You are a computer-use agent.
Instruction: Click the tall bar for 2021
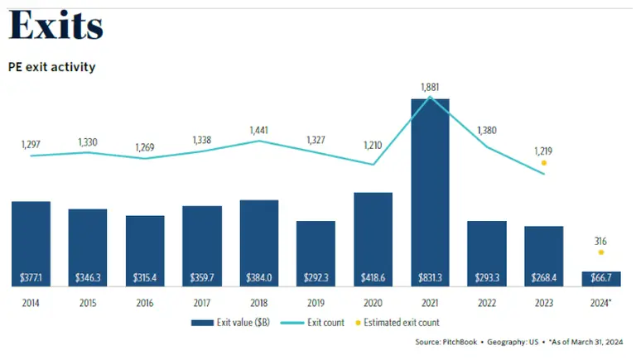click(x=430, y=190)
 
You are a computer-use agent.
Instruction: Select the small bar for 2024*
click(x=600, y=278)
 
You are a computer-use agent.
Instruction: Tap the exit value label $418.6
click(x=373, y=276)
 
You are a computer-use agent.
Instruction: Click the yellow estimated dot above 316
click(x=601, y=252)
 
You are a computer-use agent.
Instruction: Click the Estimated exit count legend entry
click(x=404, y=323)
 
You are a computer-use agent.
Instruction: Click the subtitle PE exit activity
click(x=51, y=66)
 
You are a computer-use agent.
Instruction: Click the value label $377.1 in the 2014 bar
click(x=31, y=276)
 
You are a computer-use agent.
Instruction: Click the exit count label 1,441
click(x=258, y=131)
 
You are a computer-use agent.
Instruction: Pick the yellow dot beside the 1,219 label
click(x=543, y=163)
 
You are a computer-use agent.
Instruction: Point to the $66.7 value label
click(x=600, y=276)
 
